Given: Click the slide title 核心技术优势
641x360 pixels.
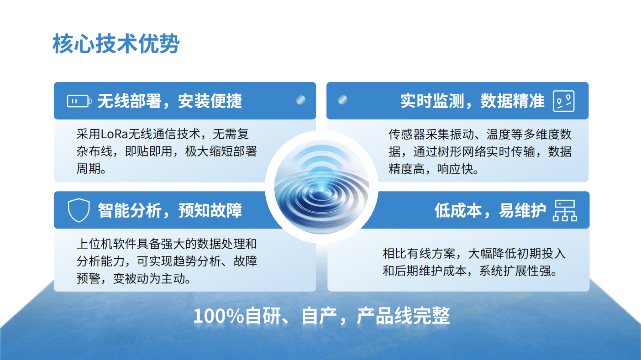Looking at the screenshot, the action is pos(116,44).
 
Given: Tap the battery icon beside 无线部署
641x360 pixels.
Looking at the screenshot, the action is pos(79,101).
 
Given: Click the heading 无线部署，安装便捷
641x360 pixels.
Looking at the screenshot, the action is pos(170,101).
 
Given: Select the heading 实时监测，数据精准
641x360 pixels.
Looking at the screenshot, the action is pos(472,101).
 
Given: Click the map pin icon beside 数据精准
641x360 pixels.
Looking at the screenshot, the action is pos(564,101).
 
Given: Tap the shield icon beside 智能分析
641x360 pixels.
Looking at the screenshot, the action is pos(79,210).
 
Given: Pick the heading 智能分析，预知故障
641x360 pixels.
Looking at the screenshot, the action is pos(170,210).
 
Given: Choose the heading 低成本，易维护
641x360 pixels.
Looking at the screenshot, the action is pos(490,210).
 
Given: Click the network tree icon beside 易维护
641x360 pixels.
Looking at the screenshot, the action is pos(565,210).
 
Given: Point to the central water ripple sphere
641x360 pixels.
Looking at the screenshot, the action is pos(322,187).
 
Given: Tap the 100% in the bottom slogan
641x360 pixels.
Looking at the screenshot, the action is pos(218,316).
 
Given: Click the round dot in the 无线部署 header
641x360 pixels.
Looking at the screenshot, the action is pos(301,100).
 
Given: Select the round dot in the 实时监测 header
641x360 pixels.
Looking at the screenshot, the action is pos(342,100).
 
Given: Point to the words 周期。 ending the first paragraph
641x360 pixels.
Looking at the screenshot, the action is pos(91,169).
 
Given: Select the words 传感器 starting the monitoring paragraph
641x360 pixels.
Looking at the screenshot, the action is pos(407,134).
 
